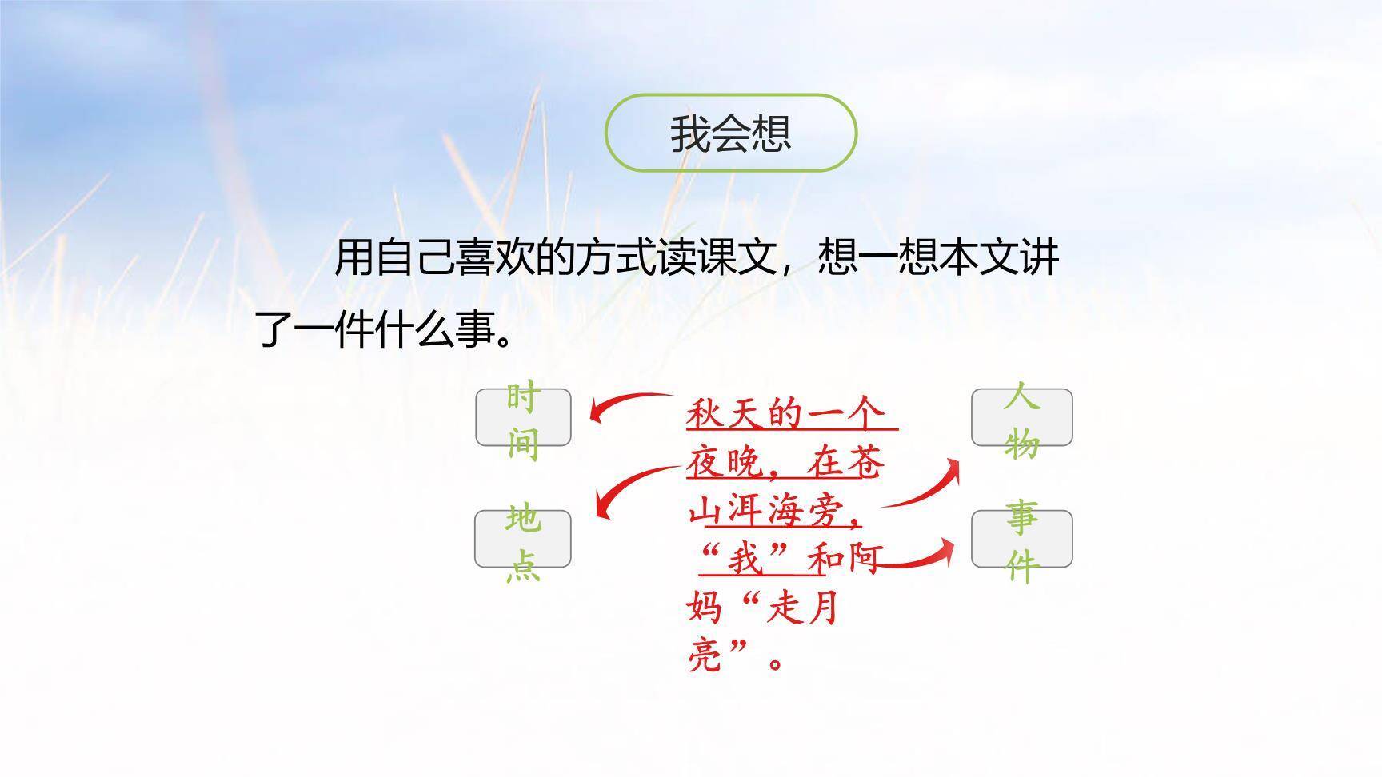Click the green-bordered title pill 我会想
[730, 133]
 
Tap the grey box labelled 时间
[523, 417]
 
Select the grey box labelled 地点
[523, 539]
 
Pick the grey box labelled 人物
[1021, 417]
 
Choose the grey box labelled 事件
[1021, 539]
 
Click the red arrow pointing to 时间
[628, 404]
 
